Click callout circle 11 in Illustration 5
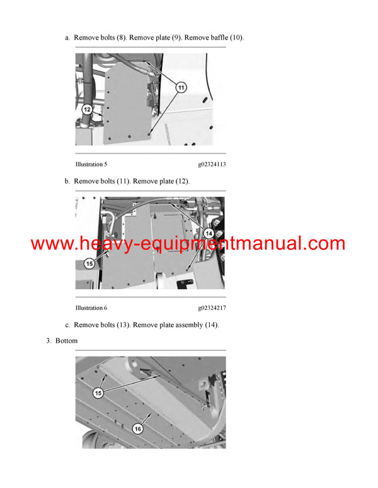coord(181,88)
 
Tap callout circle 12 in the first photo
coord(88,109)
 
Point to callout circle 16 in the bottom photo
coord(137,428)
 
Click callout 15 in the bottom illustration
coord(98,393)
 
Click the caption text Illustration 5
coord(91,164)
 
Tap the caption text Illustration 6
coord(91,308)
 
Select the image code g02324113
coord(212,164)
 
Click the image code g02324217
coord(212,308)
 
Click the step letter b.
coord(67,181)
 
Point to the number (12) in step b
coord(180,181)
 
